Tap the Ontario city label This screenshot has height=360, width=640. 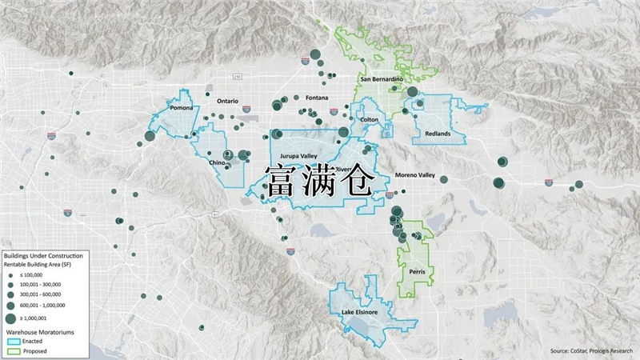pos(229,101)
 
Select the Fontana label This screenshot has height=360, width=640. pos(317,98)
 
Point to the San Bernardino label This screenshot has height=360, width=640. pos(381,80)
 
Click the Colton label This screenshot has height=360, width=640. pos(370,119)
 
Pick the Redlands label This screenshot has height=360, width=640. pos(438,133)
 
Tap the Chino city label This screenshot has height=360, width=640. pos(217,162)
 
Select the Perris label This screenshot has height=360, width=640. pos(417,272)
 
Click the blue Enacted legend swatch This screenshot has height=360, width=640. pos(13,340)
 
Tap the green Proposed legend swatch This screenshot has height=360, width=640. pos(13,350)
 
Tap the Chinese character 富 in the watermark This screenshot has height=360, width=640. pos(282,182)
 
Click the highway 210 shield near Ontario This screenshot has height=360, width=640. pos(237,77)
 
